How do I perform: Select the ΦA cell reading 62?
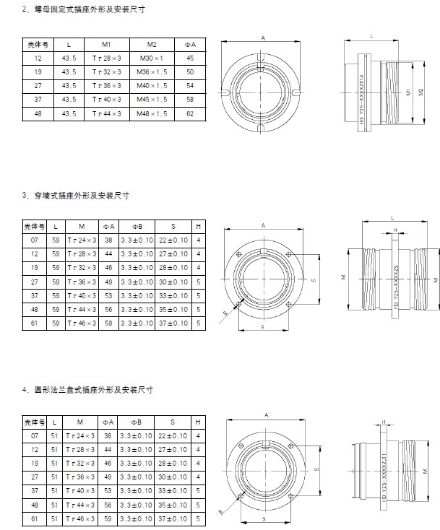click(x=190, y=113)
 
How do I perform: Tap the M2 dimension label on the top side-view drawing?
click(x=420, y=93)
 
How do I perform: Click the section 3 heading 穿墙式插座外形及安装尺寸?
click(x=80, y=196)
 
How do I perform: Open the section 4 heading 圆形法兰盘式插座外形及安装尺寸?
click(x=91, y=390)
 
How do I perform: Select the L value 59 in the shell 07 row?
click(x=56, y=239)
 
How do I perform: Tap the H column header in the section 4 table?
click(x=198, y=420)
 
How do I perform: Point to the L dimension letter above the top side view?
click(x=371, y=34)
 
